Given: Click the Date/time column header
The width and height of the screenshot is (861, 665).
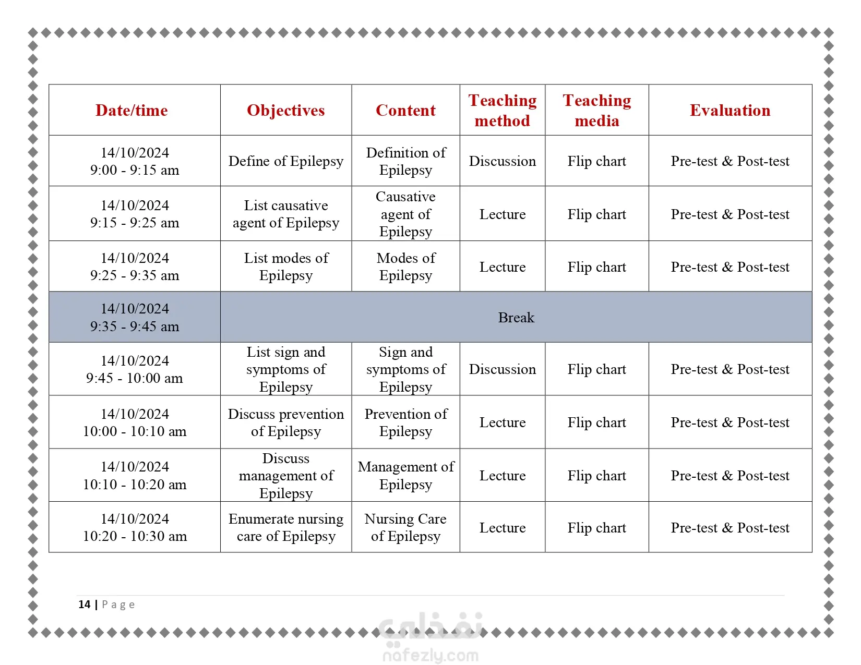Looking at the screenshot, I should (x=131, y=111).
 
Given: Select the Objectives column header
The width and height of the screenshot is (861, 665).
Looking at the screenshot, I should (x=285, y=111).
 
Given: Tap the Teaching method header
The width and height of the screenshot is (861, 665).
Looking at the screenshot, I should (x=502, y=111).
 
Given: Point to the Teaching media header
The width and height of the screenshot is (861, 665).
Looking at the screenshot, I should (x=596, y=111).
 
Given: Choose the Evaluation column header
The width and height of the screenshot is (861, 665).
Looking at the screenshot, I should (x=730, y=111).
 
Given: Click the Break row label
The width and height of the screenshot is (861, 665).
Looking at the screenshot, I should (x=516, y=318).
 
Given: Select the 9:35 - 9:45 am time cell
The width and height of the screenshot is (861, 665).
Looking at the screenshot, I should (x=135, y=318).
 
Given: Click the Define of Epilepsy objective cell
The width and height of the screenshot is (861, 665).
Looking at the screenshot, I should (x=285, y=161).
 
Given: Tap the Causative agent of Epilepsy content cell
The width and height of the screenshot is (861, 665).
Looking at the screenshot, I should (x=405, y=214).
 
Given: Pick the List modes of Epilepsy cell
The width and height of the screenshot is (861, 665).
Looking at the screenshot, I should (x=285, y=267).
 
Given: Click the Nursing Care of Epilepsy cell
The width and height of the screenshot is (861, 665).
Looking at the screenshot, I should (x=405, y=527).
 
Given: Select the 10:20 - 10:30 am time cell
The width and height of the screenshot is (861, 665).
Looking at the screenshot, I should (x=135, y=527).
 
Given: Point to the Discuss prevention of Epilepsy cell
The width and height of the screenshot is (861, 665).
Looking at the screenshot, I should (x=285, y=422).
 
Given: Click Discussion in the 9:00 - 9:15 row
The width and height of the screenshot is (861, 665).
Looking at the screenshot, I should (x=502, y=161).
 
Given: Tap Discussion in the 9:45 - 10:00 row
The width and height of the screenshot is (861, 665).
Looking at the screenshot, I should (x=502, y=369).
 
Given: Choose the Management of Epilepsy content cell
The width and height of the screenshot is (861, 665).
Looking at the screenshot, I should (x=405, y=475).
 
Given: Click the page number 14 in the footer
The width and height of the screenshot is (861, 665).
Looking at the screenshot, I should (x=84, y=604).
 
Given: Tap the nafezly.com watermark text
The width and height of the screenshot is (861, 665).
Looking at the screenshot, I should (x=430, y=655).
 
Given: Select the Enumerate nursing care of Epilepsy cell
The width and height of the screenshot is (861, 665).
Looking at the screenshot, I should (x=285, y=527).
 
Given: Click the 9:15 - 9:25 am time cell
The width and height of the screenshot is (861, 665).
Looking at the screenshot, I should (x=135, y=214).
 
